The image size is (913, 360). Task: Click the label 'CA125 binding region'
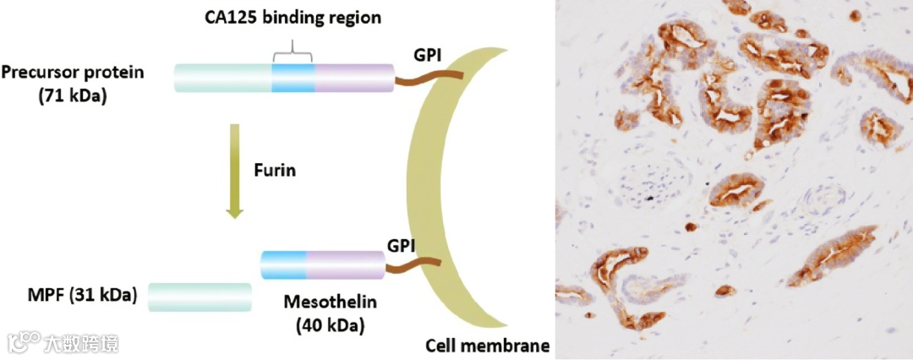tap(292, 16)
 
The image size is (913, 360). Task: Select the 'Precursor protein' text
tap(73, 72)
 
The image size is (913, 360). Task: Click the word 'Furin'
tap(274, 169)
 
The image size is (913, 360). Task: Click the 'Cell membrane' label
tap(487, 346)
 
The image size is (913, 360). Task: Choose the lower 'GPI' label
tap(402, 246)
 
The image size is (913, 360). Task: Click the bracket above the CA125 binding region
tap(292, 52)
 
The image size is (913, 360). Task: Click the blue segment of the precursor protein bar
tap(292, 79)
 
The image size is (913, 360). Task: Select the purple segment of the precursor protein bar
tap(353, 79)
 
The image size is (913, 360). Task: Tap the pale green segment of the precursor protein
tap(223, 79)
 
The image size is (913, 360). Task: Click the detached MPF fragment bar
tap(200, 297)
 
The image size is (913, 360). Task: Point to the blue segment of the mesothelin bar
tap(283, 265)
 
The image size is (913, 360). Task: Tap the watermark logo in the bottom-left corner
tap(22, 341)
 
